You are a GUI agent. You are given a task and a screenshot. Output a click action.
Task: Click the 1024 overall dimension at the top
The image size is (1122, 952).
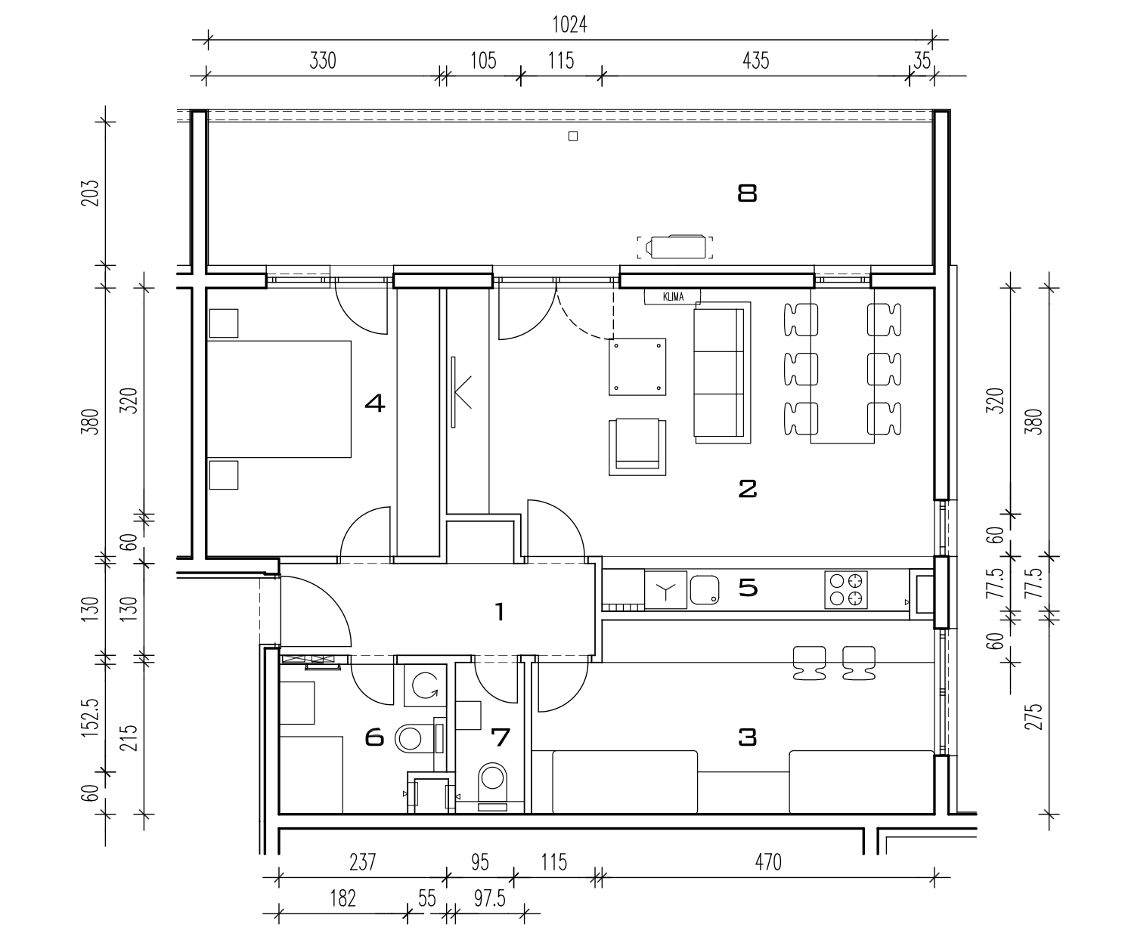tap(569, 25)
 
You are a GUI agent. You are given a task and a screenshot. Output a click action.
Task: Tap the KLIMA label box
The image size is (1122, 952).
tap(673, 297)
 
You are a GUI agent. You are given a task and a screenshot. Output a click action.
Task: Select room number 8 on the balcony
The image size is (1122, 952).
tap(748, 193)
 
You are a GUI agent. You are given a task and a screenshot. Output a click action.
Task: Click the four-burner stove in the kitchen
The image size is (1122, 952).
tap(846, 589)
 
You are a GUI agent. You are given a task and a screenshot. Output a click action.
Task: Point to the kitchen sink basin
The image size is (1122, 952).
tap(705, 589)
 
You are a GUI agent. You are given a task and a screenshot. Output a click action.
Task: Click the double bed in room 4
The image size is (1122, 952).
tap(279, 399)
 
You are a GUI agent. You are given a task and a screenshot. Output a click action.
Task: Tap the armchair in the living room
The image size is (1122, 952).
tap(637, 447)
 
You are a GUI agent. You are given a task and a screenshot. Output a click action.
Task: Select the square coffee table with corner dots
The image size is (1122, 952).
tap(637, 367)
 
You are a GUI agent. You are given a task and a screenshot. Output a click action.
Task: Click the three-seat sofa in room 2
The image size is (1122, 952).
tap(722, 372)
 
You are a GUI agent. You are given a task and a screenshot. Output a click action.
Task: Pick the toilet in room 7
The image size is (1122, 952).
tap(492, 786)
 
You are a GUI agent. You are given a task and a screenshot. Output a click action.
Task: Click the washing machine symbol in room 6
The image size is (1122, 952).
tap(425, 685)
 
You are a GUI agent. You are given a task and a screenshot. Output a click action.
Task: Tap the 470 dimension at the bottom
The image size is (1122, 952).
tap(767, 862)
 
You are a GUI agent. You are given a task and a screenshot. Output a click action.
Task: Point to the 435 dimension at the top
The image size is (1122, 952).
tap(755, 60)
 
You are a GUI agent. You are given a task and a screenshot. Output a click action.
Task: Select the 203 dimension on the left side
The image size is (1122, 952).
tap(90, 193)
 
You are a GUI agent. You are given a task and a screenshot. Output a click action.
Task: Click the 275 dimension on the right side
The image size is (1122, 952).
tap(1034, 716)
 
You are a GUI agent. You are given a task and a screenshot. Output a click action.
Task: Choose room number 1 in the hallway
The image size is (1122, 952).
tap(500, 612)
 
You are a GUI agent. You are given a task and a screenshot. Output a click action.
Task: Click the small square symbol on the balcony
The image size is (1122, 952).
tap(572, 136)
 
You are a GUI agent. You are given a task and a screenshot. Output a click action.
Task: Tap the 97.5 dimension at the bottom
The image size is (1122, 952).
tap(490, 899)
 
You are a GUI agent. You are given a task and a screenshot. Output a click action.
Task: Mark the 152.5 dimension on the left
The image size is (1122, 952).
tap(90, 717)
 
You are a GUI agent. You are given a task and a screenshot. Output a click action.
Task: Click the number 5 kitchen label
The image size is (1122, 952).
tap(748, 588)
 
